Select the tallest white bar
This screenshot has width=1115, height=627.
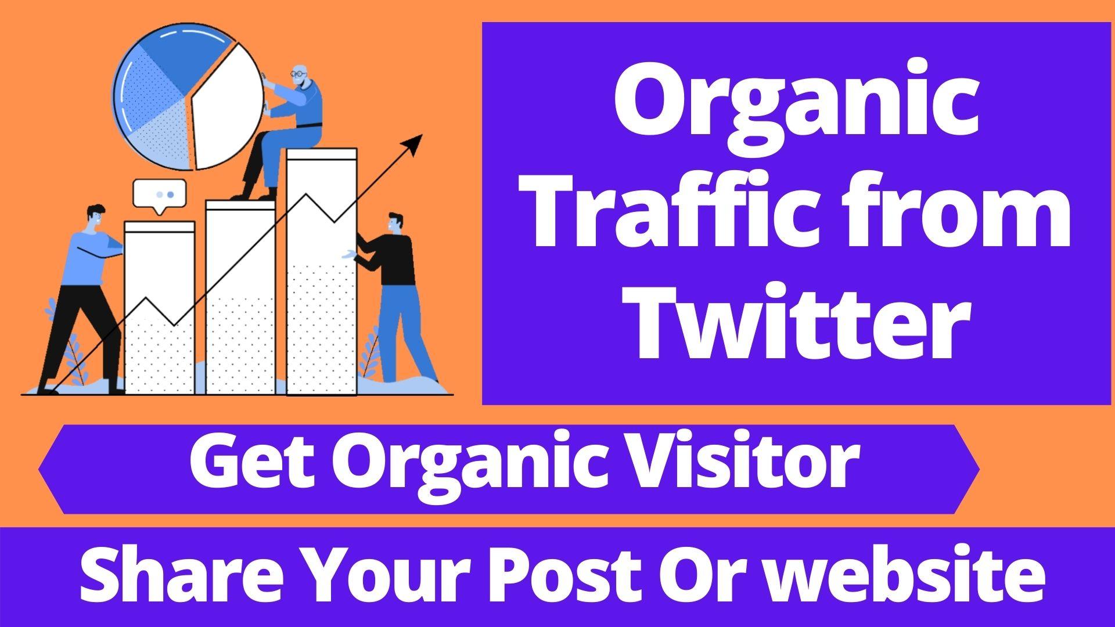tap(321, 273)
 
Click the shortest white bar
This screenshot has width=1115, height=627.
tap(159, 308)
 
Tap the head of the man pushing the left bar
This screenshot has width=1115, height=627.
tap(96, 218)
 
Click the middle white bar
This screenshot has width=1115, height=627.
tap(240, 296)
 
